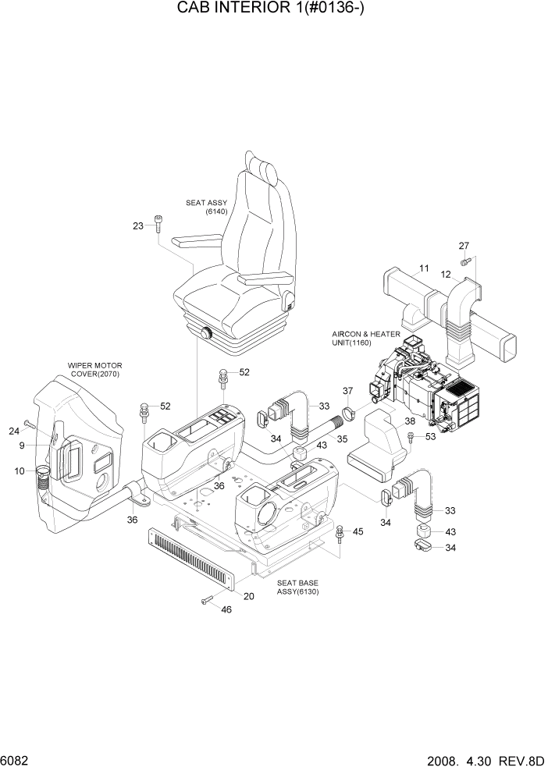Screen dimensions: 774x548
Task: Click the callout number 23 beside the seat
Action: [138, 225]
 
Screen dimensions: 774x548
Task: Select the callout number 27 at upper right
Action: [463, 247]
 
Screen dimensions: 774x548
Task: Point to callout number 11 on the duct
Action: [424, 269]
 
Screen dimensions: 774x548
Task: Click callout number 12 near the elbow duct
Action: [447, 274]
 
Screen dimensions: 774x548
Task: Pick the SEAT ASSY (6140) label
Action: [206, 207]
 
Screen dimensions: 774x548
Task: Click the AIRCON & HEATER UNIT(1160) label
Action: [365, 338]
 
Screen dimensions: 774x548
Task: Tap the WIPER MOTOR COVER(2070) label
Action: [95, 368]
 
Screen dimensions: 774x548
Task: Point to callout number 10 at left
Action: [20, 470]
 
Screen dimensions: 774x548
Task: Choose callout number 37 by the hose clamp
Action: [348, 391]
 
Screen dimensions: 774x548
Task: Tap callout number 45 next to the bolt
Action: [358, 532]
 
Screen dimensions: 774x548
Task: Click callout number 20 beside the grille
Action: [249, 597]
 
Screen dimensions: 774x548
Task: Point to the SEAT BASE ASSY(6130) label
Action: [297, 587]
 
